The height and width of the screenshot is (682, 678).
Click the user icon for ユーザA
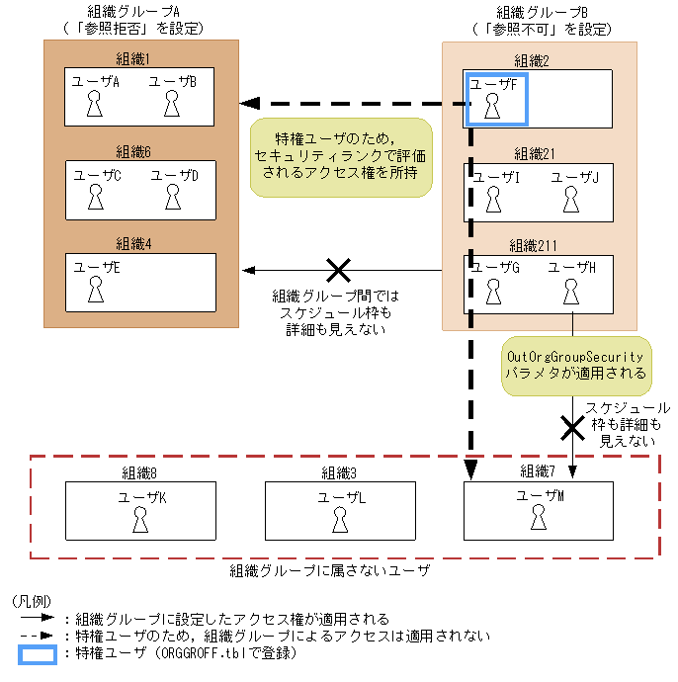pos(96,104)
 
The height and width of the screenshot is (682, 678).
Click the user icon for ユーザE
pos(96,289)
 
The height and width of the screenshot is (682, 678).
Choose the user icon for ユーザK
pos(141,518)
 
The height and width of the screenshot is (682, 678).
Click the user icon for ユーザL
pos(341,518)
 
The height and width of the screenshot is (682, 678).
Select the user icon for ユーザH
pos(570,291)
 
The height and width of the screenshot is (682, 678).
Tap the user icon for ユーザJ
pos(570,199)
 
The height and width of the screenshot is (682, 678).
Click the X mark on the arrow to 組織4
pos(339,270)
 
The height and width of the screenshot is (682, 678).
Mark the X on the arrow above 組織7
pos(572,426)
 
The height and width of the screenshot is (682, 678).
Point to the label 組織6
pos(133,151)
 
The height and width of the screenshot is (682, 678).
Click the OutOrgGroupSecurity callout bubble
pos(574,366)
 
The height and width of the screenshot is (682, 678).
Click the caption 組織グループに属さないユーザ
pos(330,571)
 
